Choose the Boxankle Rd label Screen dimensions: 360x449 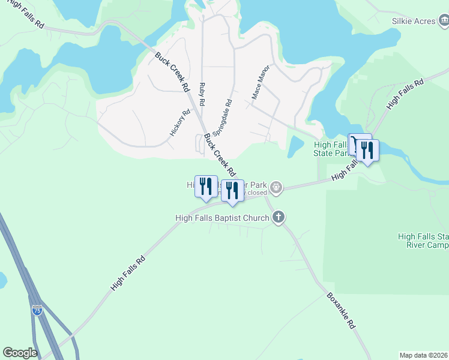click(342, 310)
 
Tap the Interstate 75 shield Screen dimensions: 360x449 click(37, 310)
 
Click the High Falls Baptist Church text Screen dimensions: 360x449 click(221, 218)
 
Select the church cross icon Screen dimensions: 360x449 click(278, 218)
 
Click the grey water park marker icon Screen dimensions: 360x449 click(276, 187)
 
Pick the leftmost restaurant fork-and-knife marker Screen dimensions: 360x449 click(206, 187)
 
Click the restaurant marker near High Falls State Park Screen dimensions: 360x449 click(367, 151)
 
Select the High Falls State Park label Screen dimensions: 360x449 click(331, 149)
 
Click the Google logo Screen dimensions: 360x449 click(20, 353)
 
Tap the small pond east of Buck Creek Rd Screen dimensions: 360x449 click(295, 146)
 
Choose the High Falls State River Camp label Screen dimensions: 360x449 click(423, 241)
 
